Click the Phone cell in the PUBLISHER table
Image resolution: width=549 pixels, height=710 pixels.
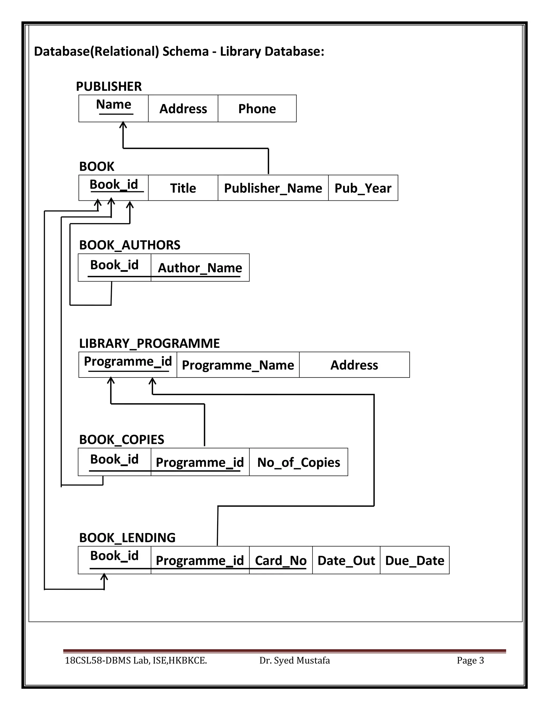coord(257,109)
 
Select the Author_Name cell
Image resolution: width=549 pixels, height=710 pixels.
coord(200,268)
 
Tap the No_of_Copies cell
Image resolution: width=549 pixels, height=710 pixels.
coord(298,462)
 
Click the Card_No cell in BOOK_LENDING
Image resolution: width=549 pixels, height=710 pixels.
coord(280,560)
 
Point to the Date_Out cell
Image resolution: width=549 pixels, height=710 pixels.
coord(346,560)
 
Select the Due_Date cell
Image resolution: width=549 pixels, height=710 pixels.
coord(414,560)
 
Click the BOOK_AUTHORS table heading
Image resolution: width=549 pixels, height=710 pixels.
coord(129,245)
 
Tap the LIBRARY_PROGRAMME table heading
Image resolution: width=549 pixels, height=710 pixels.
coord(149,343)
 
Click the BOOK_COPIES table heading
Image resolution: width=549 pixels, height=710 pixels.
coord(122,439)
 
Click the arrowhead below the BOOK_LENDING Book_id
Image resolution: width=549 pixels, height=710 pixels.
coord(104,577)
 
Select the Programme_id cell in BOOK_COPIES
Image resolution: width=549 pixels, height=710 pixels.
coord(200,462)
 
